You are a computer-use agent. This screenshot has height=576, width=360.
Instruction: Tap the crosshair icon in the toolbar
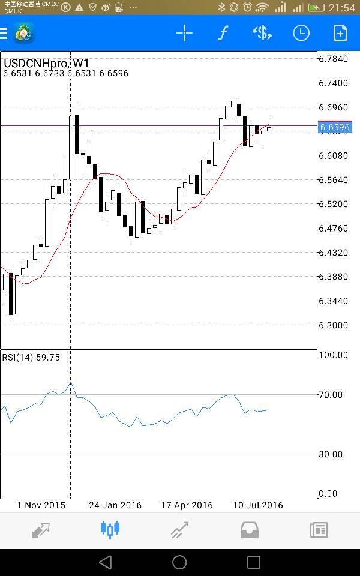click(184, 33)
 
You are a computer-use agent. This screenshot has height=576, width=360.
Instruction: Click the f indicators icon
click(223, 33)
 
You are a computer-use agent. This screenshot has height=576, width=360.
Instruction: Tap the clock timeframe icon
click(301, 33)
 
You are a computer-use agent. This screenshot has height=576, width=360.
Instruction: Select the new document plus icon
click(340, 33)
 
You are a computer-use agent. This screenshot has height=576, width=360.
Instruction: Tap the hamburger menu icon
click(4, 33)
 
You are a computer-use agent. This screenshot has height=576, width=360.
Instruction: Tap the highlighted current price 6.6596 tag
click(334, 127)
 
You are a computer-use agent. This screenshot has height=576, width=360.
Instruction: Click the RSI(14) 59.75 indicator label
click(31, 357)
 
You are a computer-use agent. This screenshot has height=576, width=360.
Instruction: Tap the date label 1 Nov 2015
click(41, 505)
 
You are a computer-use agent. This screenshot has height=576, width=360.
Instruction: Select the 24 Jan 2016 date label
click(115, 505)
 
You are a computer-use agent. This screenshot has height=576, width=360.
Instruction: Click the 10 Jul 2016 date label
click(258, 505)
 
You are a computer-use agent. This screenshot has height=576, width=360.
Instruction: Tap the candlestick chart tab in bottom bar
click(110, 529)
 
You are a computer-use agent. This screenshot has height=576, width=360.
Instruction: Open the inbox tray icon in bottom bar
click(249, 529)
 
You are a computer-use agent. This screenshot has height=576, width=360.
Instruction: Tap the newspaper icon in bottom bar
click(319, 529)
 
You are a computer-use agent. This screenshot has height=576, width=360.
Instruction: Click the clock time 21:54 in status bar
click(341, 8)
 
